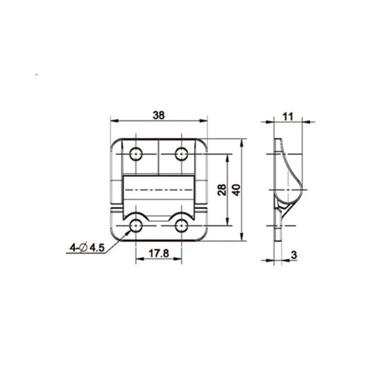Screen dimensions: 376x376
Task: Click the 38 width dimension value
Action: pyautogui.click(x=159, y=115)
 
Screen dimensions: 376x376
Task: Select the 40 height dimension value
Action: pyautogui.click(x=236, y=190)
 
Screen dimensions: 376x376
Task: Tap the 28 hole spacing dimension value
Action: pyautogui.click(x=222, y=190)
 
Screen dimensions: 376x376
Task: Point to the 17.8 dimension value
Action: pyautogui.click(x=159, y=253)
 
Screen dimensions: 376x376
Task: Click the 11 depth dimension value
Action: pyautogui.click(x=288, y=117)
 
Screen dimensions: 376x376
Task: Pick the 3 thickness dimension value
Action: pyautogui.click(x=294, y=255)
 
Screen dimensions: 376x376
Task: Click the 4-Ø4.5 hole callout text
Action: pyautogui.click(x=86, y=248)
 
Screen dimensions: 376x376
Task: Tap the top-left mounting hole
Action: pyautogui.click(x=136, y=154)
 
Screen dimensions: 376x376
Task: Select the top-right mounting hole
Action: pyautogui.click(x=181, y=154)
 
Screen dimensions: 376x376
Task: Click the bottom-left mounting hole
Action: pyautogui.click(x=136, y=226)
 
